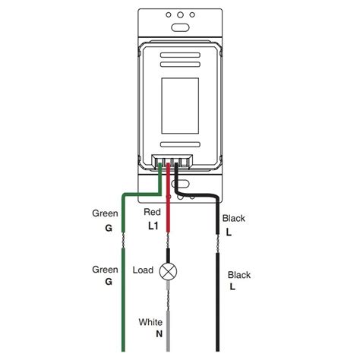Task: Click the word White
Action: [150, 322]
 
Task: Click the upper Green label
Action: [105, 213]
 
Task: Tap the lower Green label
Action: [105, 269]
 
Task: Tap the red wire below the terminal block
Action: [169, 205]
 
